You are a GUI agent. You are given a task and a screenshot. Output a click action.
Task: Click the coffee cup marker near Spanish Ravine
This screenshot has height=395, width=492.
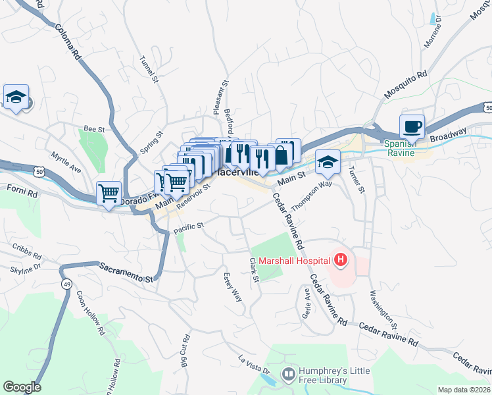pyautogui.click(x=412, y=127)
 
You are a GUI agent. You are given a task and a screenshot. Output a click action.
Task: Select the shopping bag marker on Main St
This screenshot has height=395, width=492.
pyautogui.click(x=282, y=155)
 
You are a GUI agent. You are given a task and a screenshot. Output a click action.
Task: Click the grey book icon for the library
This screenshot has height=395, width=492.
pyautogui.click(x=288, y=375)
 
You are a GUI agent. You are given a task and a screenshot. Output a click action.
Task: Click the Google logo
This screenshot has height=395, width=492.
pyautogui.click(x=21, y=387)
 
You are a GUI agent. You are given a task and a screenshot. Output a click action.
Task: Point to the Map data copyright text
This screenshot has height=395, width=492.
pyautogui.click(x=464, y=390)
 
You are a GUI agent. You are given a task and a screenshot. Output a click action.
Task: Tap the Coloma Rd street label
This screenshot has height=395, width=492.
pyautogui.click(x=66, y=41)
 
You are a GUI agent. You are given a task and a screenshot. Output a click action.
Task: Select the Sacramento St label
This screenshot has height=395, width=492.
pyautogui.click(x=126, y=271)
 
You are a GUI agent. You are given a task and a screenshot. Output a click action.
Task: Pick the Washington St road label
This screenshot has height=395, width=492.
pyautogui.click(x=383, y=309)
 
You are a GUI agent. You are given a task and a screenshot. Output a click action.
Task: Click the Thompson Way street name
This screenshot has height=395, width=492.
pyautogui.click(x=312, y=196)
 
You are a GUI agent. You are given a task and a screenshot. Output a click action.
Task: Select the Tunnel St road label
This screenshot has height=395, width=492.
pyautogui.click(x=149, y=68)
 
